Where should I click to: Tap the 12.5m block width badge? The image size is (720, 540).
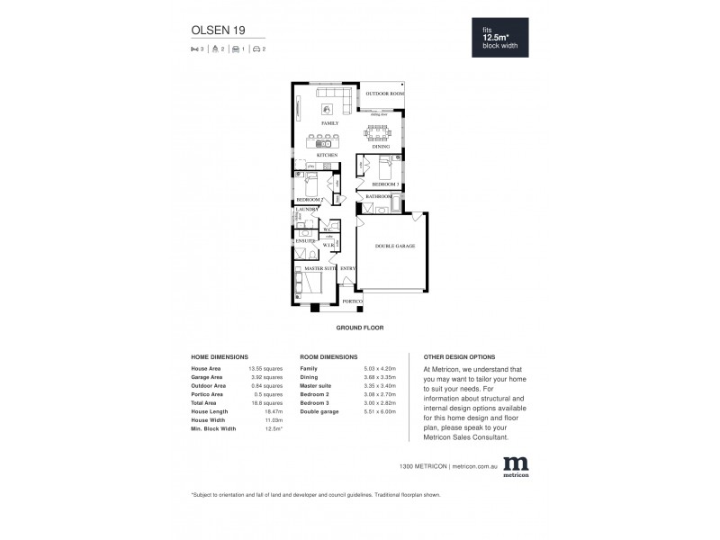pos(503,39)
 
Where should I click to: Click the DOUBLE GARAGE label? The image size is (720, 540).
pos(394,246)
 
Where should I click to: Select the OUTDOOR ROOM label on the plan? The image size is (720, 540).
pos(384,94)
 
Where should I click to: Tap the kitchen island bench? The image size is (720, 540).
pos(320,140)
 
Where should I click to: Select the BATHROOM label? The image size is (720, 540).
pos(378,196)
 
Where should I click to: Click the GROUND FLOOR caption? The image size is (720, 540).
pos(360,328)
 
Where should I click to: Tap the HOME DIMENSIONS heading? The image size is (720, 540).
pos(220,357)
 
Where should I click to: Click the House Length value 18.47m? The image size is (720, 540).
pos(259,410)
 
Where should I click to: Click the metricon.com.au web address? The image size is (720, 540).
pos(474,466)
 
